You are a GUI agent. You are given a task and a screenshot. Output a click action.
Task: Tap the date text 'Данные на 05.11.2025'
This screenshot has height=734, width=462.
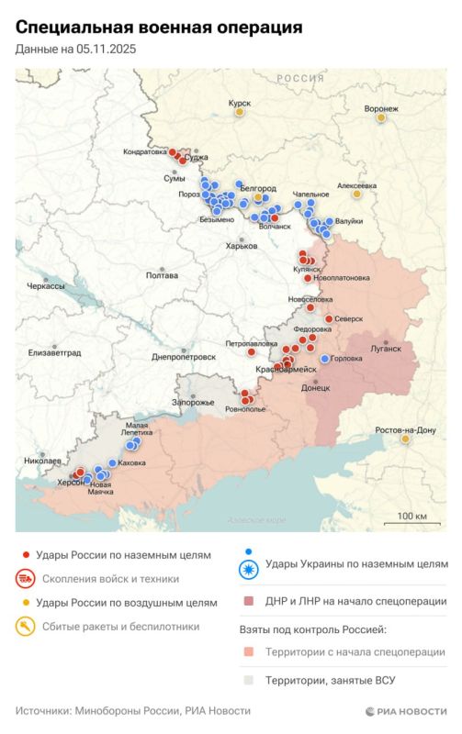click(x=75, y=50)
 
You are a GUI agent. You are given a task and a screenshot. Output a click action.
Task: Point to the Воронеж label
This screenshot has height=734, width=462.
click(x=381, y=108)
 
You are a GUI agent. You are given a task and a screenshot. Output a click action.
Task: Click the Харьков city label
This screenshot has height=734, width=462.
click(x=242, y=246)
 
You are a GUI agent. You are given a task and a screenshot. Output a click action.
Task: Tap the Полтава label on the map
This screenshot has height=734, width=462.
click(x=162, y=275)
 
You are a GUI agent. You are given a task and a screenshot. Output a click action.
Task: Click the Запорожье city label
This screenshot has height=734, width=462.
click(x=194, y=403)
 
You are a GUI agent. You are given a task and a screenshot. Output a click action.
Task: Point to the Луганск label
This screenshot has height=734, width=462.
click(x=386, y=349)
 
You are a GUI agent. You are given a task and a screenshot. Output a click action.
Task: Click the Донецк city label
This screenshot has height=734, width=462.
click(x=315, y=388)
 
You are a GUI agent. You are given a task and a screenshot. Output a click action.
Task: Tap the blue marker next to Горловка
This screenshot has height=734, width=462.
click(x=324, y=359)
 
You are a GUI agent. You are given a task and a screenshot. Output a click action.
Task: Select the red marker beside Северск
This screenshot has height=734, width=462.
click(x=329, y=318)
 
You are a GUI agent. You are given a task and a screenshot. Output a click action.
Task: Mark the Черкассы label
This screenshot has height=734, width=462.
click(x=46, y=286)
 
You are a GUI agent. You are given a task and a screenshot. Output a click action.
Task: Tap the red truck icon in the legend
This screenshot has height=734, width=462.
click(x=26, y=579)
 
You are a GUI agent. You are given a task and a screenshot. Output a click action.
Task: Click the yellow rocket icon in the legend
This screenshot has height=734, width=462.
click(x=26, y=628)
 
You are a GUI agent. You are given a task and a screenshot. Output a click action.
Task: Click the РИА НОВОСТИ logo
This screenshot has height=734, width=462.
click(x=405, y=711)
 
